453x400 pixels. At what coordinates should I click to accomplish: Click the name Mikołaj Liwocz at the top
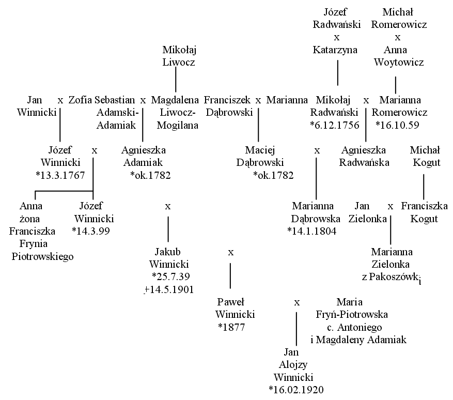(x=179, y=56)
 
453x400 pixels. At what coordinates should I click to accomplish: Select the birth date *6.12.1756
(x=335, y=125)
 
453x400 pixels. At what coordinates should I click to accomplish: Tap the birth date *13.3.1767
(x=60, y=175)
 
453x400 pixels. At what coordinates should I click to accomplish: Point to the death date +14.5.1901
(x=169, y=289)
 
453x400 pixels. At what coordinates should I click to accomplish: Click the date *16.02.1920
(x=296, y=390)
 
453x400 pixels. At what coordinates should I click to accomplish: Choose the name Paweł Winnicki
(x=235, y=308)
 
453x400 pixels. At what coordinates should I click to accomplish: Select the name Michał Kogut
(x=425, y=156)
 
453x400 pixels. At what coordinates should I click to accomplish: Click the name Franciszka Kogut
(x=424, y=212)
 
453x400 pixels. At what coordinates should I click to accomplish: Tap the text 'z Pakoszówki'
(x=392, y=278)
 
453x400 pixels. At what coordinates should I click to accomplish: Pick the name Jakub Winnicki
(x=169, y=258)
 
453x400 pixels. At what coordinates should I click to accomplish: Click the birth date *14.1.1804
(x=312, y=231)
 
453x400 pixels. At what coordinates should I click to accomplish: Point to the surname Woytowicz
(x=399, y=62)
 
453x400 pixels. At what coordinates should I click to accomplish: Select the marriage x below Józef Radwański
(x=337, y=38)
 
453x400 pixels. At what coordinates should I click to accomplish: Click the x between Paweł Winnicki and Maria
(x=296, y=303)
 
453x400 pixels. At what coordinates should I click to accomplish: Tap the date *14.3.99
(x=91, y=231)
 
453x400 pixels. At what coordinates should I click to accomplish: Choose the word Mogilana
(x=177, y=125)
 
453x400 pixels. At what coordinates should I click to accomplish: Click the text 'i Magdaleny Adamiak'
(x=358, y=340)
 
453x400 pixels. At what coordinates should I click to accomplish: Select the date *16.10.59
(x=397, y=125)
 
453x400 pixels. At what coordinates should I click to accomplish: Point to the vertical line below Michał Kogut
(x=424, y=187)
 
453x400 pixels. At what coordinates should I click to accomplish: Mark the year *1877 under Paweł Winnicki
(x=231, y=327)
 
